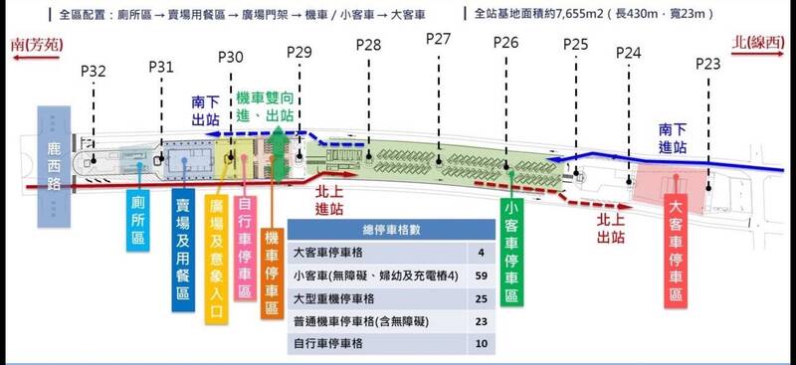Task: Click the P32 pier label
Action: [94, 71]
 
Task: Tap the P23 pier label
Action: [708, 64]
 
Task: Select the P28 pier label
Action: [368, 45]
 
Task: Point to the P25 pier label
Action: [576, 45]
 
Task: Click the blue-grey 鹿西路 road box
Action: [54, 166]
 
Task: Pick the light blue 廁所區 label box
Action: [138, 221]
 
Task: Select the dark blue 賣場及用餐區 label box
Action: [183, 250]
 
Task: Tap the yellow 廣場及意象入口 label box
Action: [217, 259]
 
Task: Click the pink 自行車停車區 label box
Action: [245, 249]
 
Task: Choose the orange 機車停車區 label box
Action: [272, 274]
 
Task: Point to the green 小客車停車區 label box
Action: [511, 253]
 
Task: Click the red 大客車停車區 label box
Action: [676, 251]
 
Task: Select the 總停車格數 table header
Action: [391, 230]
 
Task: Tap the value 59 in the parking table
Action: [482, 275]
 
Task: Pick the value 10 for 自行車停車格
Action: [482, 344]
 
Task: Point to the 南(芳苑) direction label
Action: [37, 45]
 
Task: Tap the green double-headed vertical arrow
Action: [278, 154]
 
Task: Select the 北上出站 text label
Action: [610, 229]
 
